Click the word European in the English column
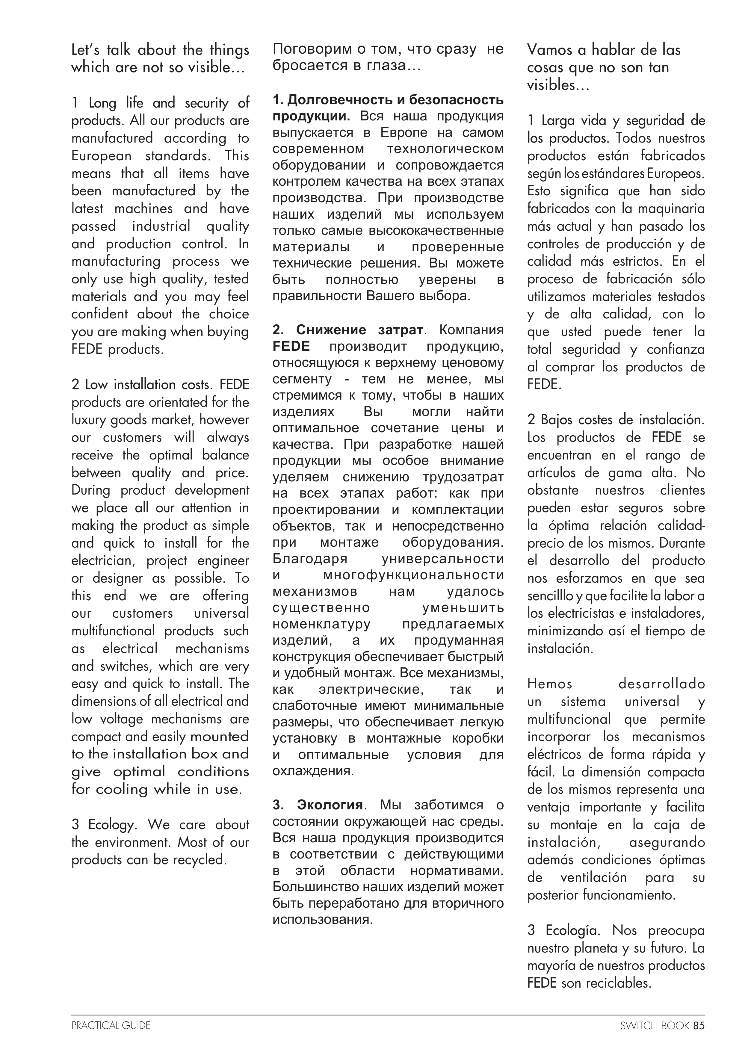[x=101, y=156]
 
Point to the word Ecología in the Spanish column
[x=572, y=930]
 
